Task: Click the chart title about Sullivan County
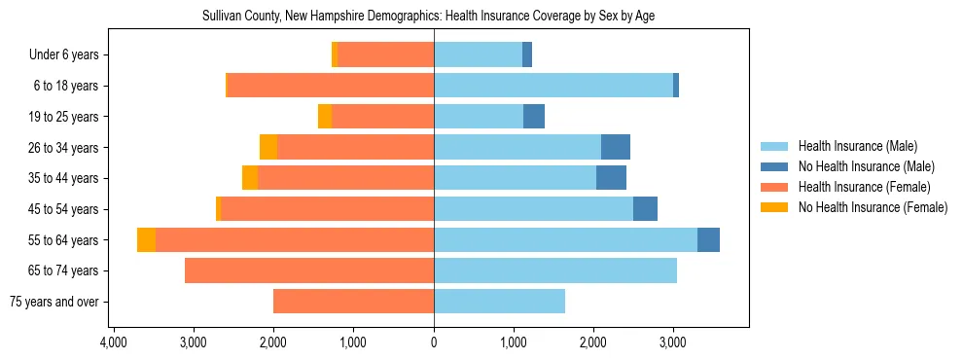435,17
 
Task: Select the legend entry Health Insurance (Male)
857,146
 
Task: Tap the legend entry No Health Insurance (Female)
873,207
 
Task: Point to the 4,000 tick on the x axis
113,342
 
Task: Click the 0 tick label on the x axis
434,342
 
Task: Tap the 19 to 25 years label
64,117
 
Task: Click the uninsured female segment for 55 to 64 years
146,240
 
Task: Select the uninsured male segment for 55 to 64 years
708,240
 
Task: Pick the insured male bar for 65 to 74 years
555,270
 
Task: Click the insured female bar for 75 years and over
353,302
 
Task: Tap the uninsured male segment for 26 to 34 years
616,148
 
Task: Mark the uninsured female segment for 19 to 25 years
325,117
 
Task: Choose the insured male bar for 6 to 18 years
553,86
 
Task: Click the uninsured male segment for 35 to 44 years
611,178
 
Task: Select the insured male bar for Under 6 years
478,55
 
